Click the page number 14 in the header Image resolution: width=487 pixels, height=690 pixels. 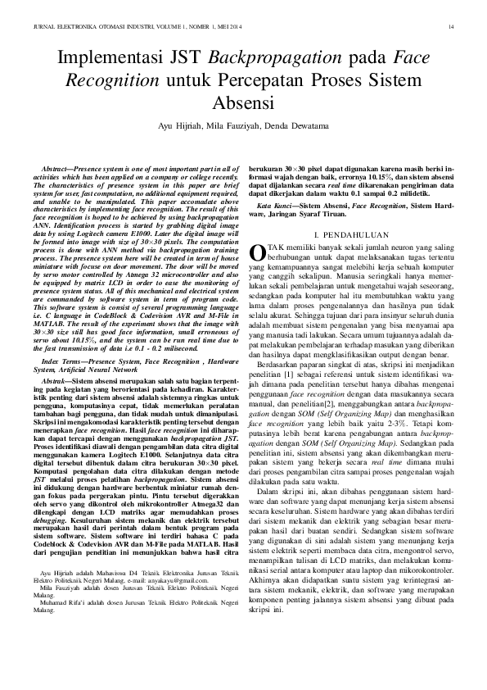[x=451, y=28]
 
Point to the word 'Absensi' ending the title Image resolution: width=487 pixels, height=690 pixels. [x=243, y=104]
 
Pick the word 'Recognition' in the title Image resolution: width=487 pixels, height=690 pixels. [x=106, y=82]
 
